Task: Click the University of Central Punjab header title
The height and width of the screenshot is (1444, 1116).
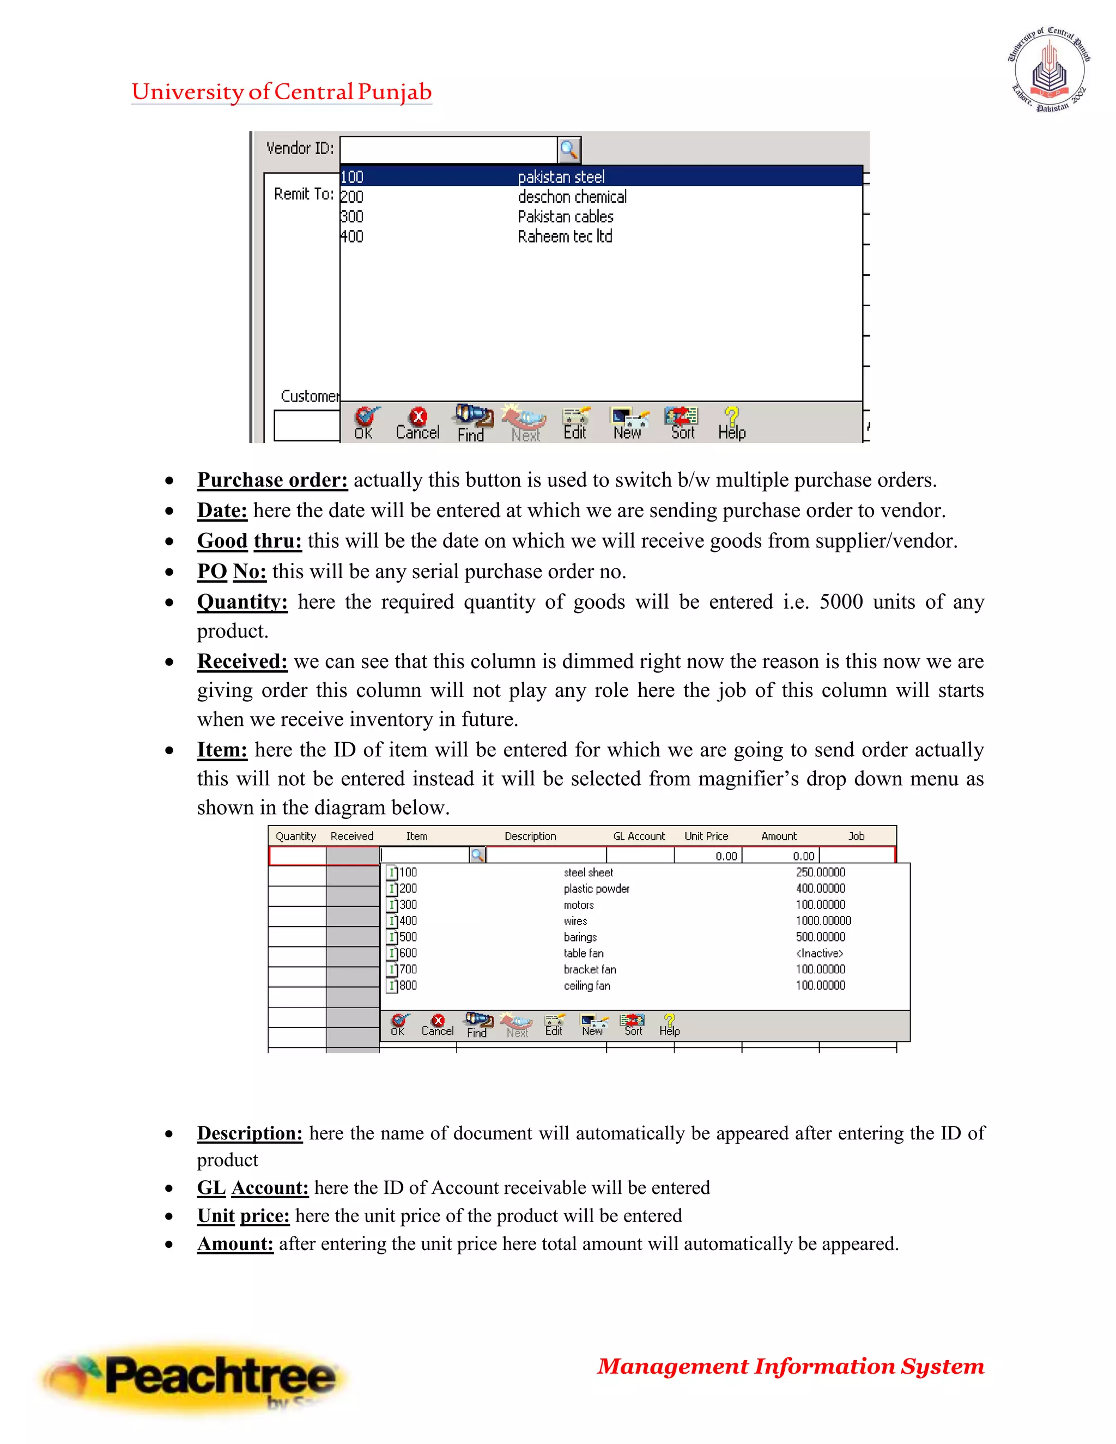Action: (282, 92)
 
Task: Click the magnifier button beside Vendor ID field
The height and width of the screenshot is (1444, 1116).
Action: (568, 149)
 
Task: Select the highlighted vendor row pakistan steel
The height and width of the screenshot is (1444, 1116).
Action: (561, 177)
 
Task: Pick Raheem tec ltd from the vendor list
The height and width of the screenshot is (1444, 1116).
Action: (565, 236)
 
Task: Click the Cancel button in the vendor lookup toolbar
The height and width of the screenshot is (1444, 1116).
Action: (417, 423)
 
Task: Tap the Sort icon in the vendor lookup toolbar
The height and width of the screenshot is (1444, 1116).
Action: (682, 423)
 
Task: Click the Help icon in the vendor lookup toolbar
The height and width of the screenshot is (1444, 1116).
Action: (731, 423)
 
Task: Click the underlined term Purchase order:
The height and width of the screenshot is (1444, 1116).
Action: (272, 480)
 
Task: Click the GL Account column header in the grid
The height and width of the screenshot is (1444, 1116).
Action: (639, 836)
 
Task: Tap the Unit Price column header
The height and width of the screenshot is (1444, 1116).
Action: (706, 836)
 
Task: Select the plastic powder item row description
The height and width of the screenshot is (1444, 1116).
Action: (596, 889)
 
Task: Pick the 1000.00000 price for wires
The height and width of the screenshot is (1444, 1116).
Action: (823, 920)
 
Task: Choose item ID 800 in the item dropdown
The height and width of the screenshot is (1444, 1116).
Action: (408, 985)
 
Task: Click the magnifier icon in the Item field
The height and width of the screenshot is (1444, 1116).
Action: (477, 855)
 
